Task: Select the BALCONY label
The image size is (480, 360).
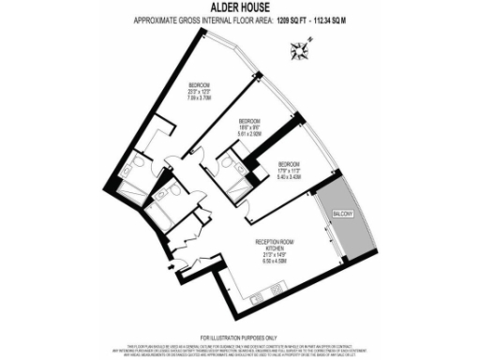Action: (340, 216)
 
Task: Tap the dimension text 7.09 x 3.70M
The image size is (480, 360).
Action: (199, 95)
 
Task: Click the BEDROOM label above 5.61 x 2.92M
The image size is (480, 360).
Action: (250, 121)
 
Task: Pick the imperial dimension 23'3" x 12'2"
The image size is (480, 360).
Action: (199, 88)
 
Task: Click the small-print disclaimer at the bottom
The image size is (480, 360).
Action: (239, 349)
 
